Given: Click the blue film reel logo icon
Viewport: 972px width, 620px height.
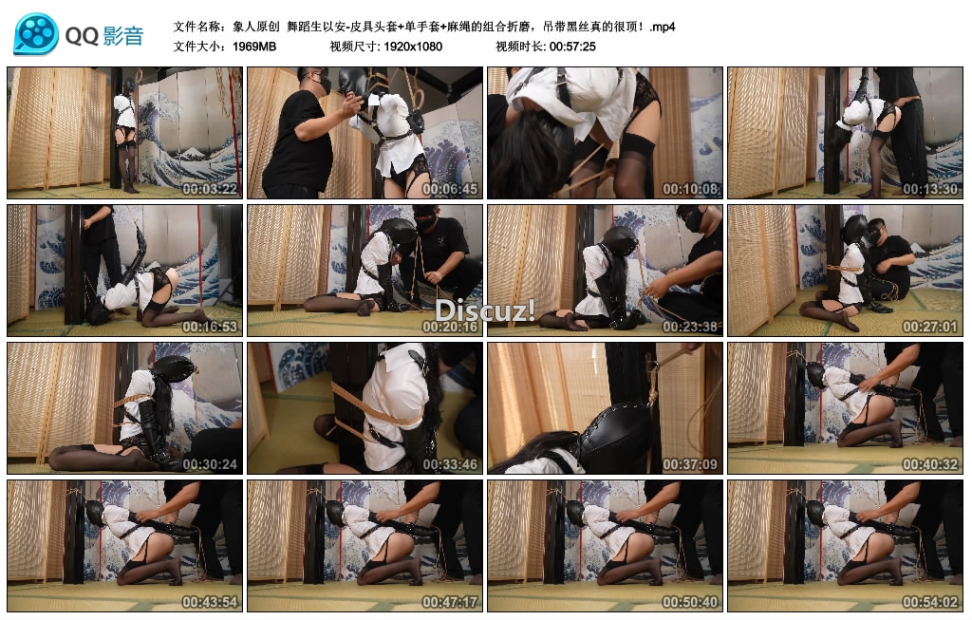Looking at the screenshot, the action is click(x=36, y=33).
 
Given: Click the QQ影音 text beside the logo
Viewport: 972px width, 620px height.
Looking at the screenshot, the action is click(x=104, y=36).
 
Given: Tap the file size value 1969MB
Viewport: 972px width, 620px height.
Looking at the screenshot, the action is click(x=254, y=47).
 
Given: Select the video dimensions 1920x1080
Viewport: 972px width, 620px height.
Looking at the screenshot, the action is click(x=413, y=47).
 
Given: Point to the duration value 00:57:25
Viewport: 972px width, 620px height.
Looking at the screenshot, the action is click(x=572, y=47).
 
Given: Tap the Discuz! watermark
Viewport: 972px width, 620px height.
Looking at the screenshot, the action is click(x=485, y=310).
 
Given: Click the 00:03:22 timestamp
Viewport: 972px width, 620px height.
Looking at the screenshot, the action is click(x=210, y=189).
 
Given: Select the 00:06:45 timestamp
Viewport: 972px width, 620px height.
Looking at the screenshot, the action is click(x=450, y=189).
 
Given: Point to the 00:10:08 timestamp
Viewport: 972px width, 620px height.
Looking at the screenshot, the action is click(x=690, y=189).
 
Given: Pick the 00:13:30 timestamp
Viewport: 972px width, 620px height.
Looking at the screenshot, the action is click(x=930, y=189).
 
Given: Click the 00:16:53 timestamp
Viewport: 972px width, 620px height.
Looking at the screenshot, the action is click(x=210, y=327).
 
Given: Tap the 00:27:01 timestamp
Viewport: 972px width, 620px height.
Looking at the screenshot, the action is click(x=930, y=327).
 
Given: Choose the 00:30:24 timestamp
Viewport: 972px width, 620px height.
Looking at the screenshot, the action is click(x=210, y=464).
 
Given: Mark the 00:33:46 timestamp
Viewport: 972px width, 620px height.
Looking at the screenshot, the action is click(x=450, y=464).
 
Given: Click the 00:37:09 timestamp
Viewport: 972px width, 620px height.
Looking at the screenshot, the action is click(x=690, y=464).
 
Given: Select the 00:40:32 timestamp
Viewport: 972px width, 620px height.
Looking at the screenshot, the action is click(x=930, y=464).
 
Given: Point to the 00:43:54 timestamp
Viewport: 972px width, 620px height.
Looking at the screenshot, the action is click(x=210, y=602).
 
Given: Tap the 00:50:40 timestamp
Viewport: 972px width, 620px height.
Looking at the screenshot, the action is click(x=690, y=602).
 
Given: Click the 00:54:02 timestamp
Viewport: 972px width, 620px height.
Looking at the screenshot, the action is click(x=930, y=602).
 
